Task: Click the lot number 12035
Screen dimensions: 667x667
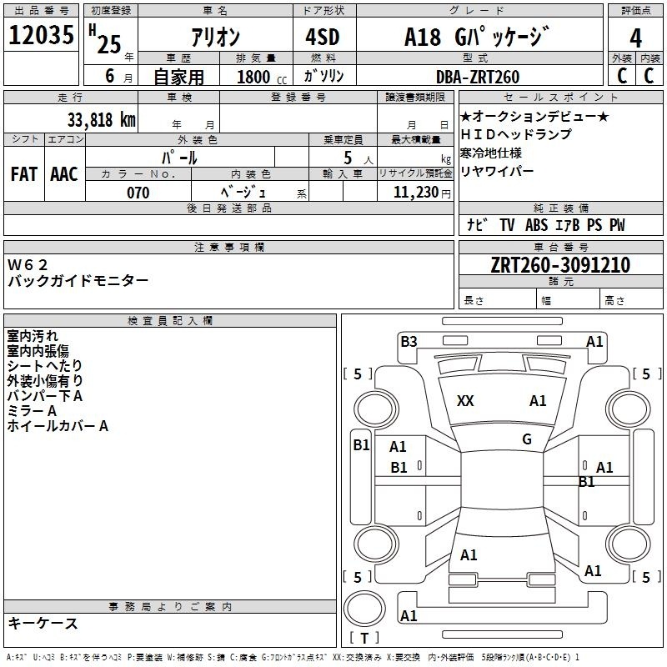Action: click(41, 35)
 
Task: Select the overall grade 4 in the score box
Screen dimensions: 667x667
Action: click(635, 38)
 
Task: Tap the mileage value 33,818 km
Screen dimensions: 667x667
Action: click(101, 120)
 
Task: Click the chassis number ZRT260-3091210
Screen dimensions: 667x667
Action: click(560, 265)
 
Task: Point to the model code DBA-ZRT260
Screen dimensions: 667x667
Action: click(478, 77)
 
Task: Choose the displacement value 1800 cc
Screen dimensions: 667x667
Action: click(262, 77)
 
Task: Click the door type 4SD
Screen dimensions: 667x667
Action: click(323, 37)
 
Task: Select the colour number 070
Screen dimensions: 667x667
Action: click(138, 193)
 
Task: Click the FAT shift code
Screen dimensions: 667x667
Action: click(24, 174)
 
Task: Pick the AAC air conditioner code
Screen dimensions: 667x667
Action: click(64, 174)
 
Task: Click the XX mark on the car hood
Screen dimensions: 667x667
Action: click(465, 401)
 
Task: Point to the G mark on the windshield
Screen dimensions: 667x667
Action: click(527, 439)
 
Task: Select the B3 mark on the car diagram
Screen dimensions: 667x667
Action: click(409, 342)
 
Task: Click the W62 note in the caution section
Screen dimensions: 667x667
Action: click(28, 265)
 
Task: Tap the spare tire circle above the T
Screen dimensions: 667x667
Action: click(364, 609)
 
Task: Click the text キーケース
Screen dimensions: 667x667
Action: click(43, 624)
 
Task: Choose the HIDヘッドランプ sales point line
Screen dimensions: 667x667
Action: click(516, 134)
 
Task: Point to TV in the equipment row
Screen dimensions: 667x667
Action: click(507, 225)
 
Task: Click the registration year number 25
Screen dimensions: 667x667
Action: click(109, 44)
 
